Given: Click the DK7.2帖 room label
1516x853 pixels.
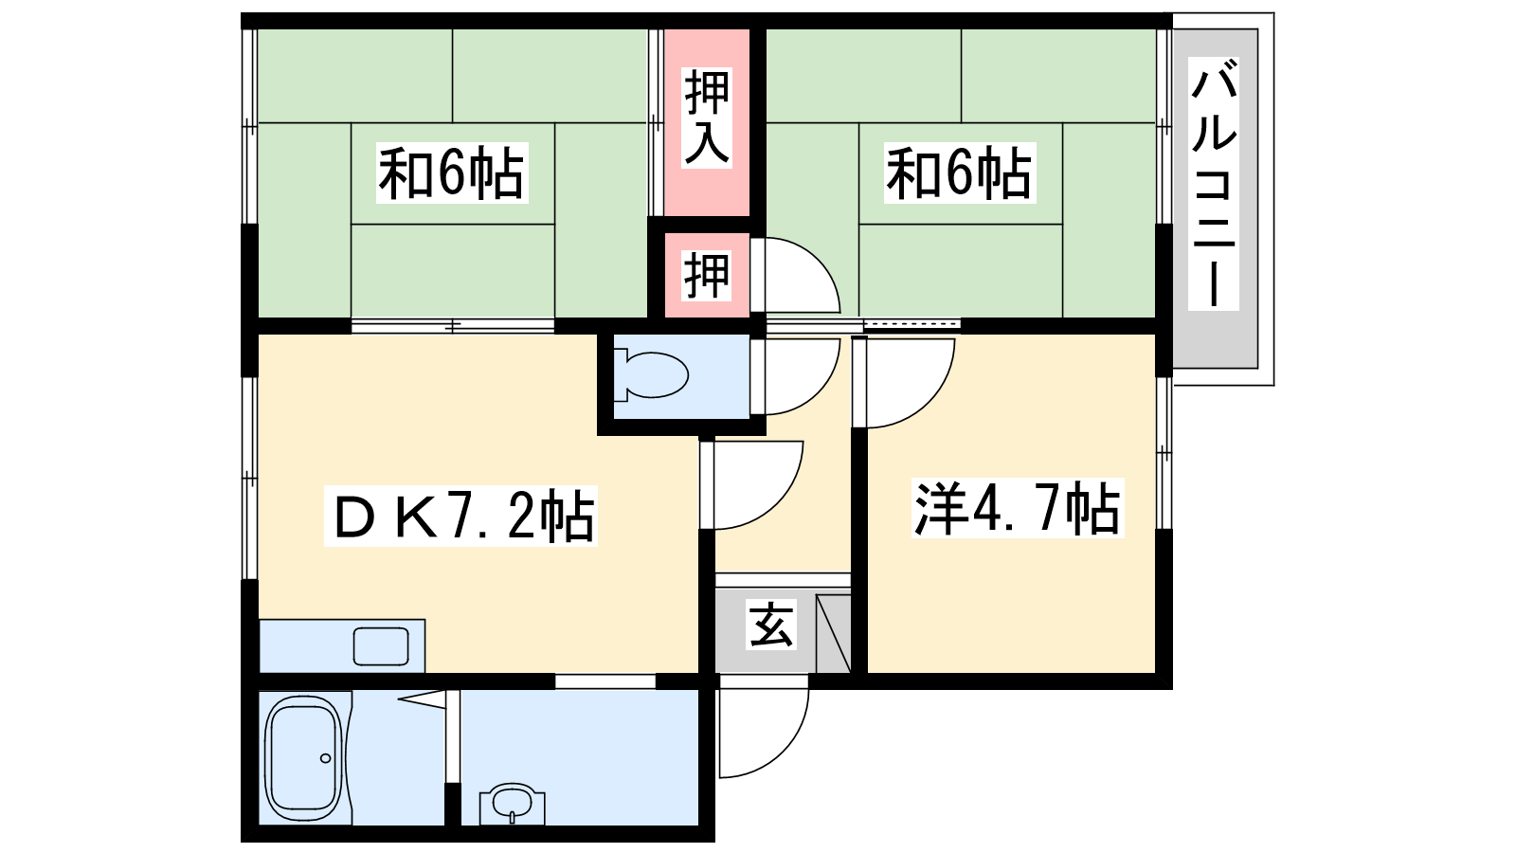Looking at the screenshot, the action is pyautogui.click(x=460, y=516).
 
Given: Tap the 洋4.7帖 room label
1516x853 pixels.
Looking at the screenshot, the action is pyautogui.click(x=1018, y=508).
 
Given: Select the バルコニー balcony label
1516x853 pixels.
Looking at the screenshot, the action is pyautogui.click(x=1214, y=184).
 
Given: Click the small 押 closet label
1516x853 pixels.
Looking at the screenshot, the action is pyautogui.click(x=707, y=276).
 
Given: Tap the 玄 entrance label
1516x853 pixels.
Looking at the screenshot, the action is pyautogui.click(x=771, y=625).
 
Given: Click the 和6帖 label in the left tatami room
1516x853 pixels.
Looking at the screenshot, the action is pyautogui.click(x=452, y=172).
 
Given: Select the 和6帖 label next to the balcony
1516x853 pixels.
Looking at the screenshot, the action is pyautogui.click(x=960, y=172).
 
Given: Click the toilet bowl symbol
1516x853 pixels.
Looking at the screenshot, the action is pyautogui.click(x=651, y=373).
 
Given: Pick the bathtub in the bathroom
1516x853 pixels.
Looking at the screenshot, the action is pyautogui.click(x=302, y=757).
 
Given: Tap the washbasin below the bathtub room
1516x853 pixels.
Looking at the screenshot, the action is pyautogui.click(x=512, y=805).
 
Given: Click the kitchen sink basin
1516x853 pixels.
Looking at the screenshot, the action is pyautogui.click(x=381, y=645).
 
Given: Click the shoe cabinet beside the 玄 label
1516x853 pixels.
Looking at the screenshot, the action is pyautogui.click(x=833, y=634).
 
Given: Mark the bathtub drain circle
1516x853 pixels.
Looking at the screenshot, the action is pyautogui.click(x=326, y=757).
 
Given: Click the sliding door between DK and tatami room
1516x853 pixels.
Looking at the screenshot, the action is pyautogui.click(x=453, y=326).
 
